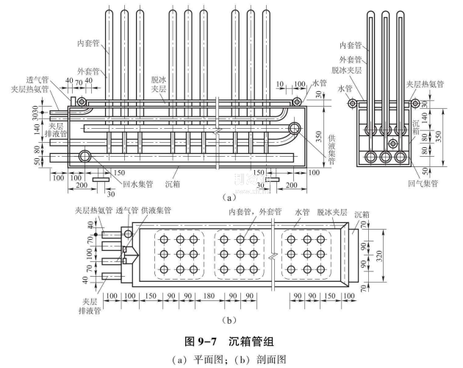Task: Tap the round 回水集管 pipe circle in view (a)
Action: (x=86, y=155)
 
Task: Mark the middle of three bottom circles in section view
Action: (x=384, y=157)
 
